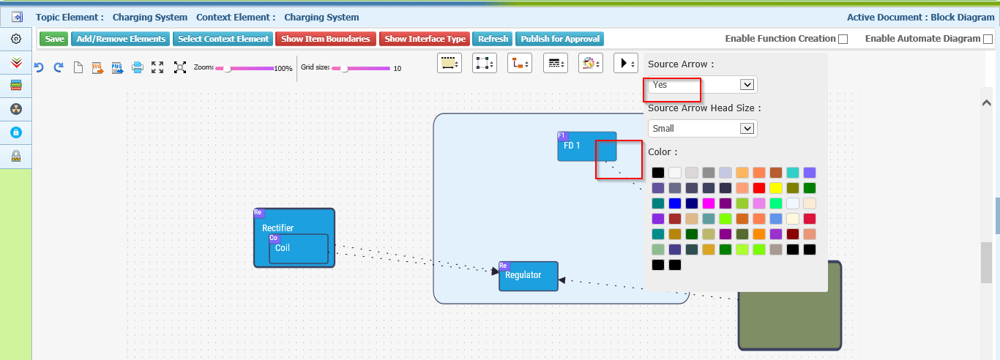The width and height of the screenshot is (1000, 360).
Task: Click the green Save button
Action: click(x=54, y=39)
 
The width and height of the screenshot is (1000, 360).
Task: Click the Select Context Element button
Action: click(x=223, y=39)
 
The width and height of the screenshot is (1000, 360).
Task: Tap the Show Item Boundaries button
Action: click(x=326, y=39)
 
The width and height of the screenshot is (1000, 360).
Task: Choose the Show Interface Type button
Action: click(x=425, y=39)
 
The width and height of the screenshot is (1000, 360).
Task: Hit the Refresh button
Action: click(x=493, y=39)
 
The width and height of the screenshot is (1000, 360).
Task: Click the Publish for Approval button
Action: click(x=560, y=39)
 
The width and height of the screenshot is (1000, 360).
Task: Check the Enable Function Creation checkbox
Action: click(x=843, y=40)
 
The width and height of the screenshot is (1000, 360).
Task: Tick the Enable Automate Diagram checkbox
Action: click(x=988, y=40)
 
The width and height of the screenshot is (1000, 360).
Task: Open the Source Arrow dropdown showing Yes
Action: click(x=702, y=85)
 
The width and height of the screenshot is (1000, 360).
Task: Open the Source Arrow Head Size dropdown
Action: click(x=702, y=129)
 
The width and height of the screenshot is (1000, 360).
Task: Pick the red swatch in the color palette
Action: click(x=759, y=188)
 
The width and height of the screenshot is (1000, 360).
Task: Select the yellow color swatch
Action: click(x=776, y=188)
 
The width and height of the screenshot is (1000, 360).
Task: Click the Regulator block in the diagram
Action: click(x=529, y=276)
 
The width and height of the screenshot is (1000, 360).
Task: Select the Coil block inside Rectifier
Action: click(x=298, y=249)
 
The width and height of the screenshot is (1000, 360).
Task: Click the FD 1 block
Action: click(x=586, y=146)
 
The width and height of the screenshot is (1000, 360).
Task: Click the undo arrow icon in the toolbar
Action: click(x=39, y=67)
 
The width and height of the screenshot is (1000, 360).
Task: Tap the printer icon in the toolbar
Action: click(x=138, y=67)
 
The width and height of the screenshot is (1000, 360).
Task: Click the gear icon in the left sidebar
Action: click(x=16, y=39)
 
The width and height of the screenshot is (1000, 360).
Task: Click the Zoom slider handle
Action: click(x=227, y=68)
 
